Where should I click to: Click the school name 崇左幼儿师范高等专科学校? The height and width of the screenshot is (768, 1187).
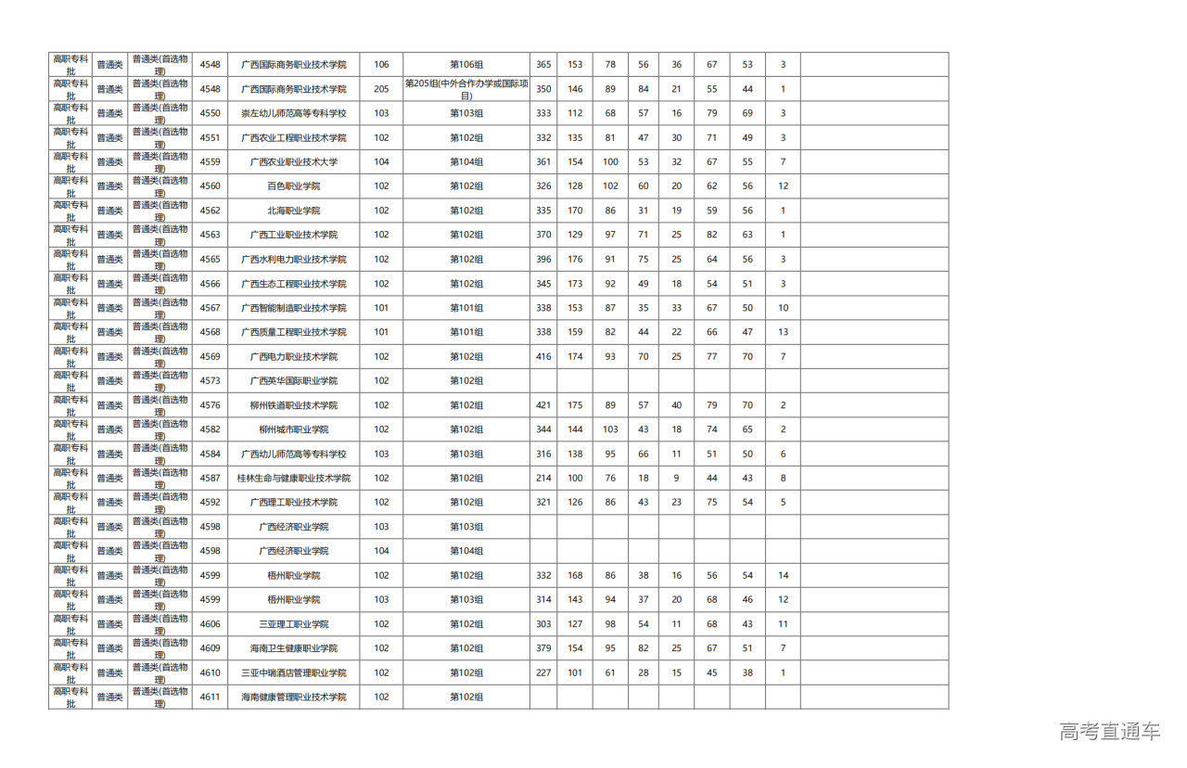tap(293, 113)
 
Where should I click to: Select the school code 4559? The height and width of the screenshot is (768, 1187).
tap(210, 161)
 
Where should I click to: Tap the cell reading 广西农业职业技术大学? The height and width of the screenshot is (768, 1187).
tap(293, 161)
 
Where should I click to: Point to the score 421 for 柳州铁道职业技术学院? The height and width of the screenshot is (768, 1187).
tap(542, 405)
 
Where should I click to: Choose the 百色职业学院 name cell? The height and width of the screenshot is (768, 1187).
tap(293, 186)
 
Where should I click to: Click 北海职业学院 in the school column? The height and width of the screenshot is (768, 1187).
tap(293, 211)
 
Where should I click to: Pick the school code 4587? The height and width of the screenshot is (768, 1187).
tap(210, 479)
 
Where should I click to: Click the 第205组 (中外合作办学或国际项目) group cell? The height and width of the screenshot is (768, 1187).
tap(466, 89)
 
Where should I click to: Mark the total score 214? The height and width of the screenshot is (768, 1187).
tap(542, 479)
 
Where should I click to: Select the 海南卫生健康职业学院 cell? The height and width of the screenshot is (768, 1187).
tap(293, 648)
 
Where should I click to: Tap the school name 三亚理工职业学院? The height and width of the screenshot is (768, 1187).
tap(293, 624)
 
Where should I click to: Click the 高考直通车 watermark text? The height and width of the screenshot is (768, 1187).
tap(1109, 732)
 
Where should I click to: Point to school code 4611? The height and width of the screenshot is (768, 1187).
tap(210, 698)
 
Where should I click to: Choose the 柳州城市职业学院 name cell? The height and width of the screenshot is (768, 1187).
tap(293, 429)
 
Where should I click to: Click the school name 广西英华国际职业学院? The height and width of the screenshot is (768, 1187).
tap(293, 381)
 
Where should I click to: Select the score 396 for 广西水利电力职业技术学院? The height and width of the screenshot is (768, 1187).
tap(542, 260)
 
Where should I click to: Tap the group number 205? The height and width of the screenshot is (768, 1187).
tap(381, 89)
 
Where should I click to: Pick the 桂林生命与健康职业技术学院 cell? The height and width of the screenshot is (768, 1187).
tap(293, 479)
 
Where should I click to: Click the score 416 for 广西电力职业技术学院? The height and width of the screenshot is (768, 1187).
tap(542, 357)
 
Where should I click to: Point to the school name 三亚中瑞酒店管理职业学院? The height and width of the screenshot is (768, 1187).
tap(293, 673)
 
